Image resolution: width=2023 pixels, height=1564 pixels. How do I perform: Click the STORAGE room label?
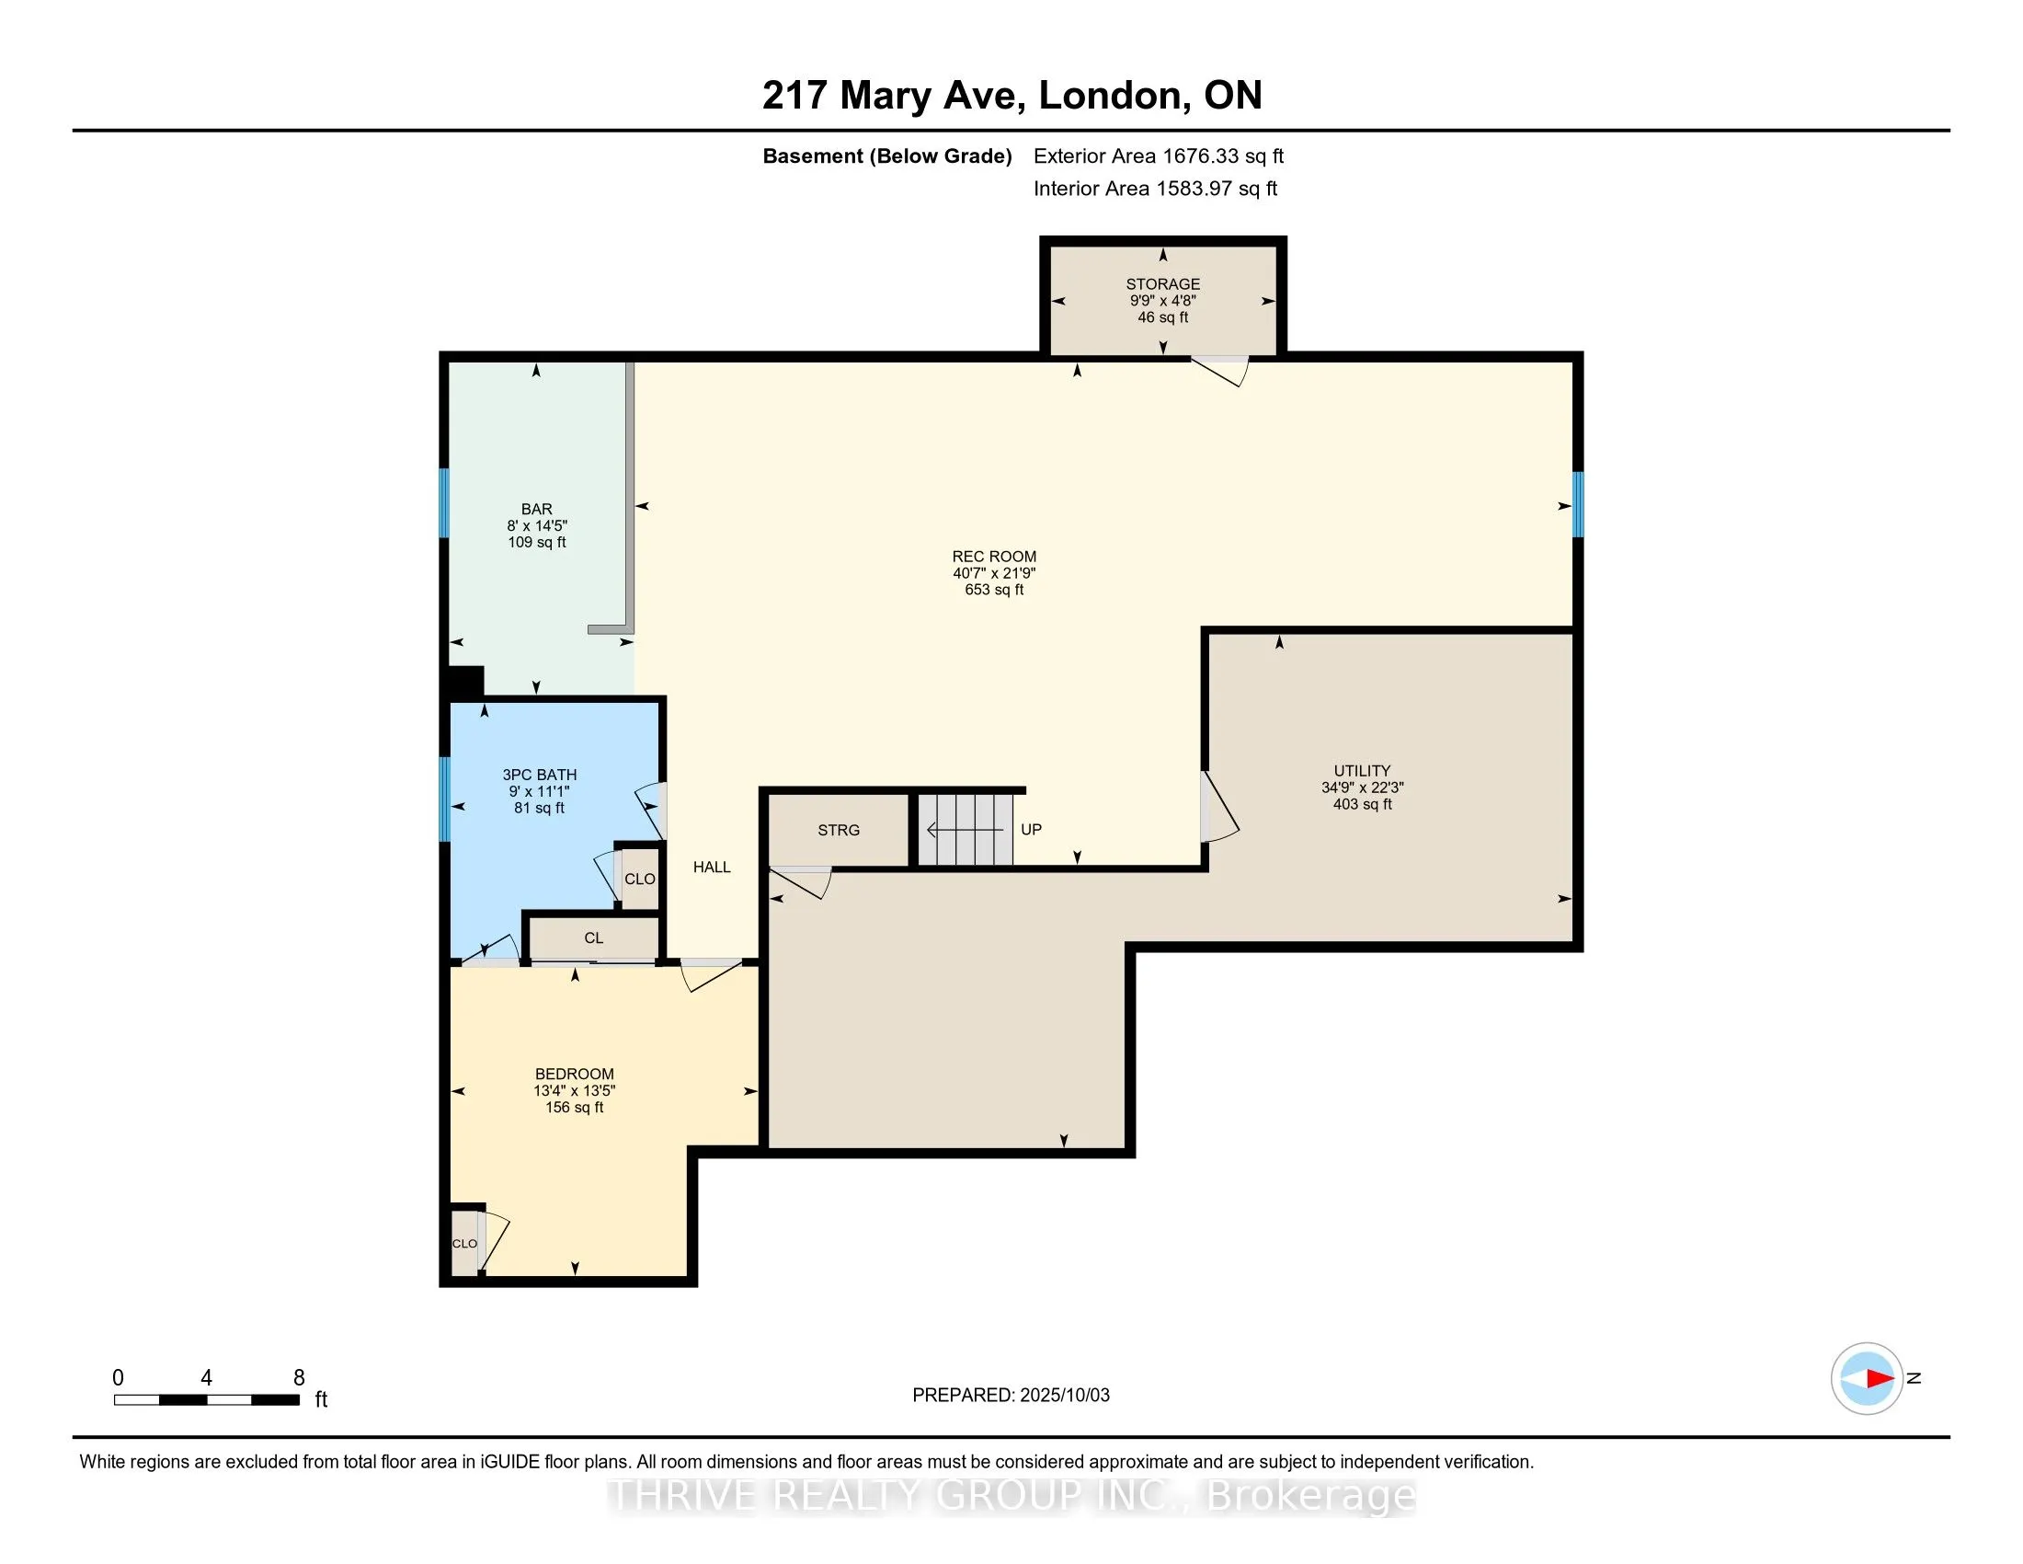1162,284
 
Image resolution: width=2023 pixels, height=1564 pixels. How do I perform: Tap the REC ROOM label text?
994,557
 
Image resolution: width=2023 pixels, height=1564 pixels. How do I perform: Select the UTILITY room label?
1362,771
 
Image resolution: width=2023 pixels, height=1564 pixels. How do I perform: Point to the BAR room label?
536,510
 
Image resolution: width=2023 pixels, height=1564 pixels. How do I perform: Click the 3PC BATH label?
539,775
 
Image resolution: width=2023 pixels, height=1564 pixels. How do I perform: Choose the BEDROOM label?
575,1075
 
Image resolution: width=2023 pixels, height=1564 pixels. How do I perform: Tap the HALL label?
712,868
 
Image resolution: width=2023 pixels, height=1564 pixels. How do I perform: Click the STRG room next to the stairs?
839,830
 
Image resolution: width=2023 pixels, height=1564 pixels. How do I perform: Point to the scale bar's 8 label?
298,1378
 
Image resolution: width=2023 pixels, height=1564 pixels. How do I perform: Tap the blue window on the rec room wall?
1577,505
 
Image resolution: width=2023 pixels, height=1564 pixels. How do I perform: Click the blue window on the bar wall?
444,503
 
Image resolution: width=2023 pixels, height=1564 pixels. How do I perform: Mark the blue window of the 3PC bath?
444,799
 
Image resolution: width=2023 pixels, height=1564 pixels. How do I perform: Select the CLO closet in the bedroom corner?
464,1243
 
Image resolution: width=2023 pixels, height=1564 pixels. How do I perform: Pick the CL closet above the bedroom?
594,937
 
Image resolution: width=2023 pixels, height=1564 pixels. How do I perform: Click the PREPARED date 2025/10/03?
1064,1396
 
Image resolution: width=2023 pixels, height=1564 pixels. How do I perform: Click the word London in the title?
1109,96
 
